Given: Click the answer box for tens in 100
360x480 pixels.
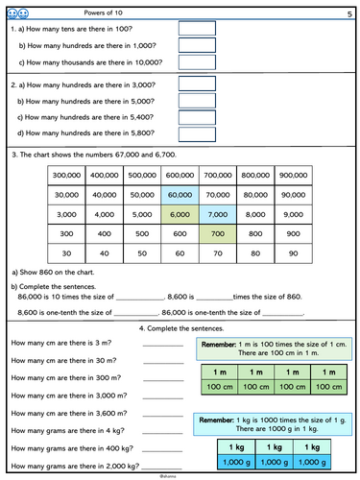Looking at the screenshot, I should click(x=198, y=29).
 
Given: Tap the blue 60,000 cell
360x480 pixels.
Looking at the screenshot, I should click(x=180, y=195).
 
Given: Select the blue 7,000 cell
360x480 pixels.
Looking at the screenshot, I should click(x=217, y=214).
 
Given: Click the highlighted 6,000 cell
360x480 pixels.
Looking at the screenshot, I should click(x=180, y=214).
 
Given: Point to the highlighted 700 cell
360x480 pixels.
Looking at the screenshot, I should click(x=217, y=233).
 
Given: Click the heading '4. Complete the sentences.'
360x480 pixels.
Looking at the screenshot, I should click(x=180, y=329).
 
